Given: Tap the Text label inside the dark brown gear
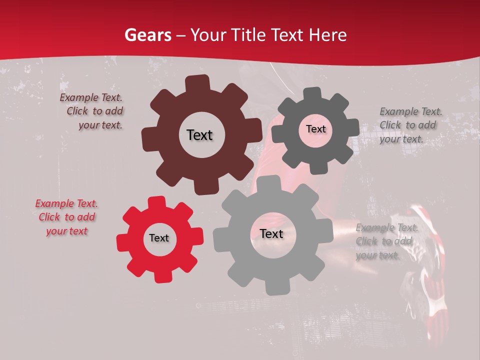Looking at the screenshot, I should click(199, 135).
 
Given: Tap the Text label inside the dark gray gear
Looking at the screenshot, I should click(315, 129).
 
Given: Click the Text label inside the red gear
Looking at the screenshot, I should click(159, 238).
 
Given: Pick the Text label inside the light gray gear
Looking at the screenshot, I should click(271, 234).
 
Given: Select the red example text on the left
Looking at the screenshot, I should click(66, 217).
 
